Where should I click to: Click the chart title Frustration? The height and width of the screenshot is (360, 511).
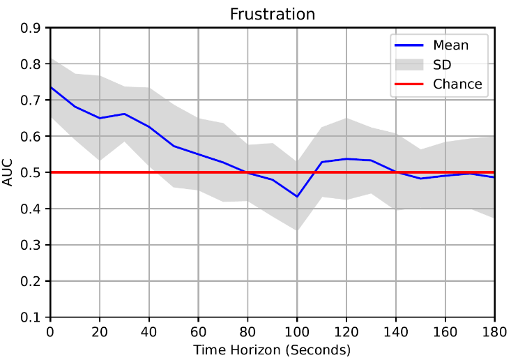click(273, 14)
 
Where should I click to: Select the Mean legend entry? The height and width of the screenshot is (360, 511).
click(450, 45)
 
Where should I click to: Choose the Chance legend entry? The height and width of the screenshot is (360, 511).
click(457, 84)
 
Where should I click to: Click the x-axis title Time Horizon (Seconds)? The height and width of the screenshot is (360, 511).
click(272, 350)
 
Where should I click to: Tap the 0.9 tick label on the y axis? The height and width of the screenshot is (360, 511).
click(31, 28)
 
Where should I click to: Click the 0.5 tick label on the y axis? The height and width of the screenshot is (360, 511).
click(31, 172)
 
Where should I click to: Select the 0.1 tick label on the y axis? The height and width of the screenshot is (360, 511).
click(31, 317)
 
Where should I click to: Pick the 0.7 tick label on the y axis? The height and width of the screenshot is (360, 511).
click(31, 100)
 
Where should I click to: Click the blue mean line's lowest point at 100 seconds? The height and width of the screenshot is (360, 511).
click(297, 197)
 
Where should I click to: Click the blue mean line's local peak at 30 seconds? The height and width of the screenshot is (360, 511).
click(124, 114)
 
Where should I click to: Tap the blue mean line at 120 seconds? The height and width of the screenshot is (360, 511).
click(346, 159)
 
